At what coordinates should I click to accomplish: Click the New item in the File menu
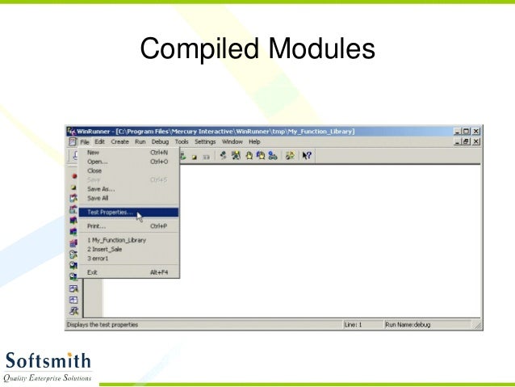tap(93, 152)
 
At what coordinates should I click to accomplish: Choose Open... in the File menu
tap(97, 161)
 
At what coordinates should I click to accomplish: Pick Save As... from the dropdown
tap(101, 188)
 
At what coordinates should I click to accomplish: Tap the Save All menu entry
tap(98, 198)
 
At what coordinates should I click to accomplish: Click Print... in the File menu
tap(97, 226)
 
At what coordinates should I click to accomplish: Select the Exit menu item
tap(92, 272)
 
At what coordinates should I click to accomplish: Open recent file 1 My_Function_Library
tap(116, 241)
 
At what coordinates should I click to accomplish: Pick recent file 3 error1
tap(99, 259)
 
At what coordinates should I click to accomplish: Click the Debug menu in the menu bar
tap(160, 141)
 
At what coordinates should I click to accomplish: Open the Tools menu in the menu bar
tap(182, 141)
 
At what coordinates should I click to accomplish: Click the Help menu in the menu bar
tap(255, 141)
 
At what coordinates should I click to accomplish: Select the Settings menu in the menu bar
tap(205, 141)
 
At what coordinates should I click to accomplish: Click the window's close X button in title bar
tap(476, 131)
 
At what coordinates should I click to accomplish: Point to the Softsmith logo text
tap(48, 360)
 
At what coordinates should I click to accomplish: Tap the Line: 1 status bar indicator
tap(354, 325)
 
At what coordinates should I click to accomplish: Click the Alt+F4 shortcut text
tap(159, 272)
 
